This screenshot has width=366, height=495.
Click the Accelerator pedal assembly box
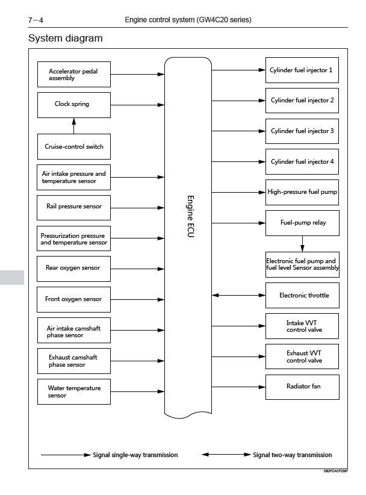pos(74,75)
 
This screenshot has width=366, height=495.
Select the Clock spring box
pos(74,105)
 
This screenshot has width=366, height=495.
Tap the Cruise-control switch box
pos(74,146)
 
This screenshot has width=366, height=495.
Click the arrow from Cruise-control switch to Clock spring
pos(74,126)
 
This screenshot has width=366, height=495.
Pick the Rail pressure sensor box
pos(73,208)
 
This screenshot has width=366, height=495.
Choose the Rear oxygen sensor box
pos(73,269)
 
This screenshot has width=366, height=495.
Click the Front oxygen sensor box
pos(73,299)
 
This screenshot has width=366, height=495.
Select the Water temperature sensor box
pos(74,392)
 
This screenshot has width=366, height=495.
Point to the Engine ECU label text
pos(190,216)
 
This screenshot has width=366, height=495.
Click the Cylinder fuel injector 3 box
pos(302,131)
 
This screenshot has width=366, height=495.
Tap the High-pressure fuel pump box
pos(302,192)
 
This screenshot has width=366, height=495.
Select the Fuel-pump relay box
pos(302,223)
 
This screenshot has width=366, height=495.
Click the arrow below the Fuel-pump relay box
pos(302,244)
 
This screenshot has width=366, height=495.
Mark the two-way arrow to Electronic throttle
pos(238,295)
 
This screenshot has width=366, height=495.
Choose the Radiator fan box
pos(302,387)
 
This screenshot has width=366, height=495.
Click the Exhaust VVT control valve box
pos(302,356)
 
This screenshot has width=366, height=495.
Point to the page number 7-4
pos(36,20)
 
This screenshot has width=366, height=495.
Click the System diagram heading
pos(65,38)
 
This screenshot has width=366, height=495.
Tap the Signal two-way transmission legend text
pos(292,455)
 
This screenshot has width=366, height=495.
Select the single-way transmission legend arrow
pos(66,455)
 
